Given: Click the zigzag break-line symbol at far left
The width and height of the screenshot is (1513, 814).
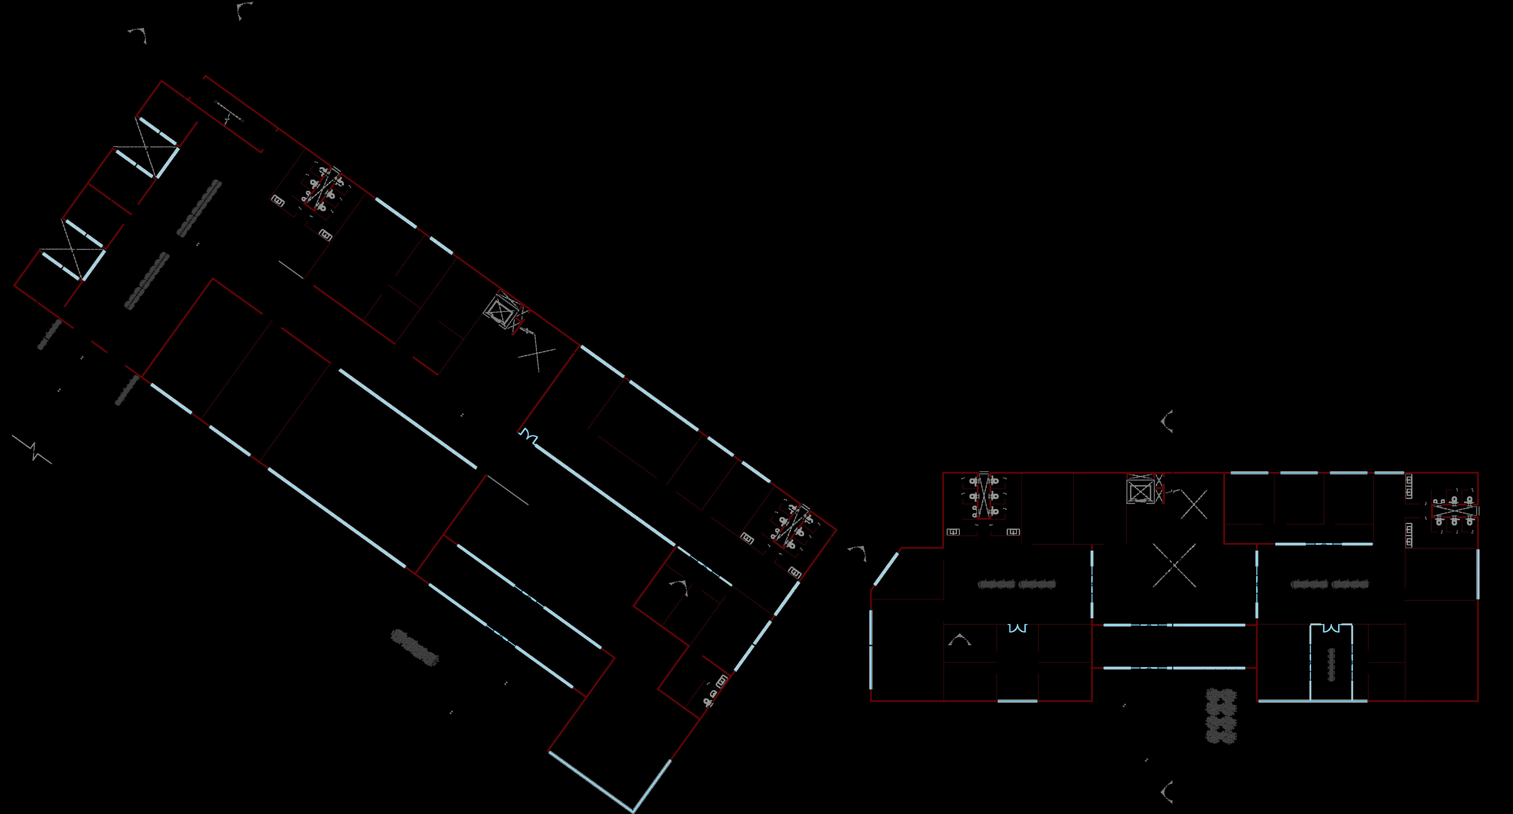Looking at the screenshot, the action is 32,449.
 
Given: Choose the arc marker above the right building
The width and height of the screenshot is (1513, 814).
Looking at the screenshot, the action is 1168,421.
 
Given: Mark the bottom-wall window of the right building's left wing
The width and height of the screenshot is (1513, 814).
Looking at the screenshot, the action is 1017,701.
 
